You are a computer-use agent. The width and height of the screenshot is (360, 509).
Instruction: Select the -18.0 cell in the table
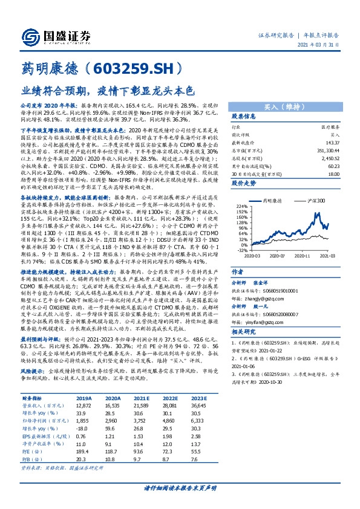(x=83, y=428)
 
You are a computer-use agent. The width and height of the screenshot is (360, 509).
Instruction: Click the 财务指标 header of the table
(x=31, y=398)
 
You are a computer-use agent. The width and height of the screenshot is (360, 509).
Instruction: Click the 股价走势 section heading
(x=244, y=182)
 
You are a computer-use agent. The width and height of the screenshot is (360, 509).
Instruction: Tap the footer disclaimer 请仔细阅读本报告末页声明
(x=180, y=487)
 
